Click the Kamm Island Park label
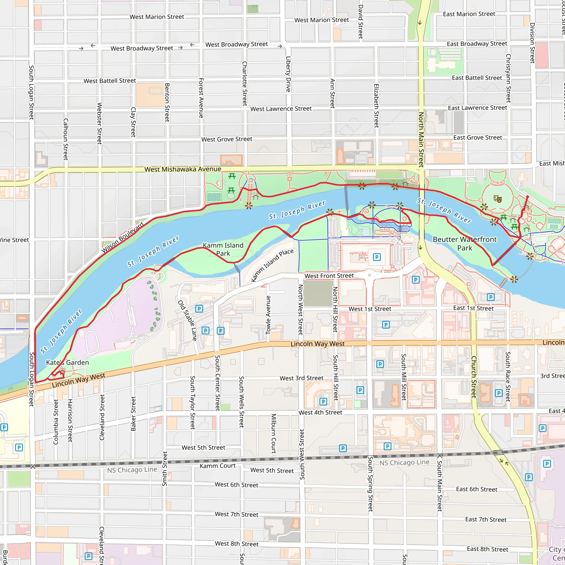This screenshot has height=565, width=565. [x=223, y=249]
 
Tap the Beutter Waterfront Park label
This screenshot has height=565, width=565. [x=464, y=243]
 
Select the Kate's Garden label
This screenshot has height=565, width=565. [x=67, y=362]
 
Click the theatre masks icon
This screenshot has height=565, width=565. [x=497, y=199]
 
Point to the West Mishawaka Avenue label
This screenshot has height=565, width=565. [x=183, y=169]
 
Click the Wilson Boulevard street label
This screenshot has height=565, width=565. [x=122, y=238]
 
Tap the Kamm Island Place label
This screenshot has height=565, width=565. [x=272, y=265]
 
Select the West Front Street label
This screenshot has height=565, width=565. [x=329, y=276]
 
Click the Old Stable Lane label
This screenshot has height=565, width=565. [x=187, y=320]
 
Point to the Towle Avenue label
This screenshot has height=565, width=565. [x=268, y=315]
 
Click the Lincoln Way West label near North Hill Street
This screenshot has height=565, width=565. [x=317, y=344]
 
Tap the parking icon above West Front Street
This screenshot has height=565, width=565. [x=377, y=257]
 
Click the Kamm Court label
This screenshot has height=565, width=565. [x=217, y=466]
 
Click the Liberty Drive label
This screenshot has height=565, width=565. [x=288, y=74]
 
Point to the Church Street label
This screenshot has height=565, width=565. [x=474, y=377]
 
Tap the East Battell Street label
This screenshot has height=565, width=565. [x=477, y=78]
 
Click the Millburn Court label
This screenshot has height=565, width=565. [x=273, y=433]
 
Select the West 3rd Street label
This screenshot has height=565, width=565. [x=301, y=378]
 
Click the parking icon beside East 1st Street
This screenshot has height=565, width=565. [x=491, y=297]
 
